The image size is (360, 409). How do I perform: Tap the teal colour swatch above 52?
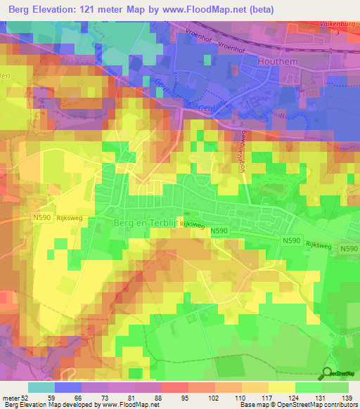41,387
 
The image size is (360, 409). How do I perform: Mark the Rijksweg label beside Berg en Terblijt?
191,223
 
